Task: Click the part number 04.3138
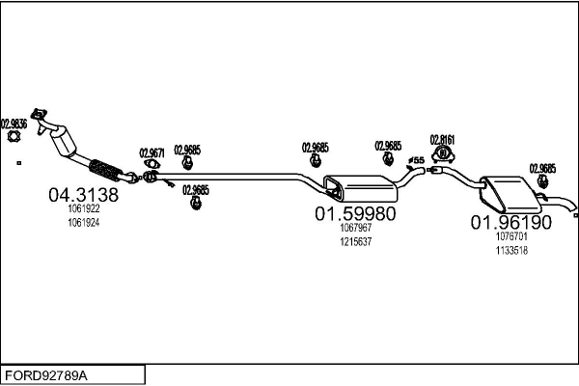coord(83,195)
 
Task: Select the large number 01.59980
coord(355,213)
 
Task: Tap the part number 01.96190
coord(510,222)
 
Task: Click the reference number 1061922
coord(83,209)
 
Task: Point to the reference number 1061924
coord(83,222)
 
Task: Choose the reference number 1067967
coord(355,229)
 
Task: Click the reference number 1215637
coord(355,241)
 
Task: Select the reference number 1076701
coord(510,236)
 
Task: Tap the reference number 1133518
coord(510,250)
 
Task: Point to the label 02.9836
coord(14,123)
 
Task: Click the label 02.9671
coord(152,152)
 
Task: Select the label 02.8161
coord(442,138)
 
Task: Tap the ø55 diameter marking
coord(416,159)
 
